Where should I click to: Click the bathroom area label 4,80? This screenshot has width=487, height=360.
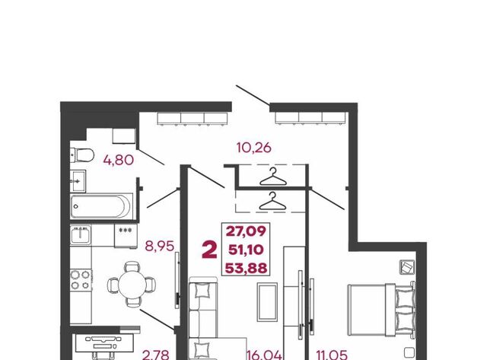click(119, 160)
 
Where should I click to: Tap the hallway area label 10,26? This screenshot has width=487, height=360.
click(253, 148)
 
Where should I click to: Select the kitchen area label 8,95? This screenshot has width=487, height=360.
click(159, 247)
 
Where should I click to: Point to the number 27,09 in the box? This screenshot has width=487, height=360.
click(246, 231)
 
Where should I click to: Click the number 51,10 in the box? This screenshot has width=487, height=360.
click(246, 250)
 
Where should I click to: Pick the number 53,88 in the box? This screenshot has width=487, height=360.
click(246, 268)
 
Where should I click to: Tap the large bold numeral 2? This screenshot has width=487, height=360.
click(209, 250)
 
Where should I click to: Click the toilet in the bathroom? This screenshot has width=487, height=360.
click(81, 155)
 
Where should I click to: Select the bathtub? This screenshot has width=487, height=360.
click(101, 206)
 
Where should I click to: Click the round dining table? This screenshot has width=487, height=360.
click(132, 284)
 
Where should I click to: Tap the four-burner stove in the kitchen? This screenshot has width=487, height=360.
click(81, 280)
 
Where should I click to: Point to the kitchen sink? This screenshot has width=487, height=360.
click(81, 234)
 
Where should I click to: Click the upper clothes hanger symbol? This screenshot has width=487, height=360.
click(272, 177)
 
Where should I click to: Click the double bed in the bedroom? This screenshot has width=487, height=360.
click(381, 310)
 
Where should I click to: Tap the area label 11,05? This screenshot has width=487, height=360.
click(332, 355)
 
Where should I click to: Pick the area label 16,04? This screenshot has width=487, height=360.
click(264, 355)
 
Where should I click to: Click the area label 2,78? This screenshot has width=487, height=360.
click(155, 355)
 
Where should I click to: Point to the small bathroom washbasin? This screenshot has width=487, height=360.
click(78, 181)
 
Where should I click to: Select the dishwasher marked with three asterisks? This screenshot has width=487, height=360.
click(126, 236)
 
